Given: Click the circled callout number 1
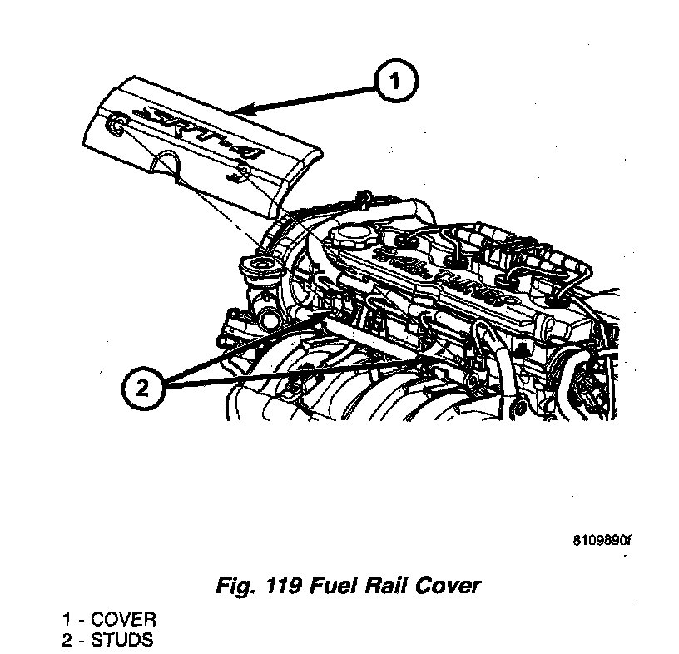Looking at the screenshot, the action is tap(395, 82).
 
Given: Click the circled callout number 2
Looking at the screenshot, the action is tap(143, 388).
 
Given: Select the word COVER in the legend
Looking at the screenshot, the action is tap(123, 620).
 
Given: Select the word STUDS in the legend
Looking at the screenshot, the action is tap(122, 640).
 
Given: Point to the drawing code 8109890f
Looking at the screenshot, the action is tap(602, 539).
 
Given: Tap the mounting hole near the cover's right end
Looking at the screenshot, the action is tap(242, 173).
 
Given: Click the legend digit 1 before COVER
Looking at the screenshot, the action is tap(66, 620).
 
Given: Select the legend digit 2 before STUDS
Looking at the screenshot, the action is tap(66, 640).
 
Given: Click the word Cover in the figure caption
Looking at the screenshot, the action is tap(449, 586).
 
